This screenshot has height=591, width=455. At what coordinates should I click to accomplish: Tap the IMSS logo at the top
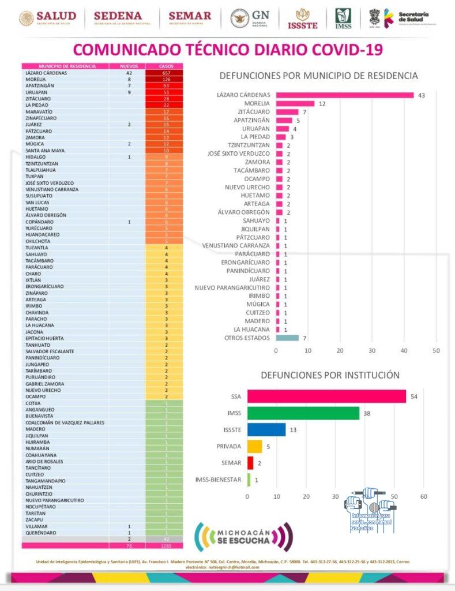click(344, 18)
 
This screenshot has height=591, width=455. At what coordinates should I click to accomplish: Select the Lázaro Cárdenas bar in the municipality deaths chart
click(344, 95)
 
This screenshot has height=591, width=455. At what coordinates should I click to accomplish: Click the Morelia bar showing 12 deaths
click(295, 104)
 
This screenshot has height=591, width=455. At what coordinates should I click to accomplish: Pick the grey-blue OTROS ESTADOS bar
click(287, 338)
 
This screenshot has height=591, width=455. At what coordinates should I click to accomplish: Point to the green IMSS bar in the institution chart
click(303, 413)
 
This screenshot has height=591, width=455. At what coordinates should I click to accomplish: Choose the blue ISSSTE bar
click(266, 429)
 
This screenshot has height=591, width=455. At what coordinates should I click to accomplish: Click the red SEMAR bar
click(250, 463)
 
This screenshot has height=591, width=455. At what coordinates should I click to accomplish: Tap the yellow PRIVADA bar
click(255, 446)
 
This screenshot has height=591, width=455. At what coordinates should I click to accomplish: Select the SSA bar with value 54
click(326, 397)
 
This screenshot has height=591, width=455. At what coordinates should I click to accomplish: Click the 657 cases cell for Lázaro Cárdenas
click(164, 73)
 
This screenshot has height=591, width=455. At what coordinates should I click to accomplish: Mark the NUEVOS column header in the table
click(128, 66)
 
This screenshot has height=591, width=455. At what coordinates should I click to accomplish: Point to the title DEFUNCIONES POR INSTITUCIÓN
click(330, 375)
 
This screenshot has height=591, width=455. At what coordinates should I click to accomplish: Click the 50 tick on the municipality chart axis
click(436, 351)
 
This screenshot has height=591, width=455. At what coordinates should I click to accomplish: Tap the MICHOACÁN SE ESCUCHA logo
click(243, 537)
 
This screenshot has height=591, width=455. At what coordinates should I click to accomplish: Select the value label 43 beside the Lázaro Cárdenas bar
click(421, 95)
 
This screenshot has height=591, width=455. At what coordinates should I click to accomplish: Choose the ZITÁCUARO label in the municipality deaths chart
click(253, 112)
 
